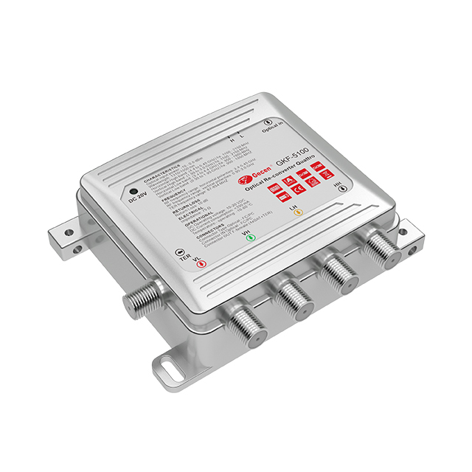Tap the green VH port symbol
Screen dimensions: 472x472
tap(249, 237)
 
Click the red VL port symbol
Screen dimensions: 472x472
tap(198, 266)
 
